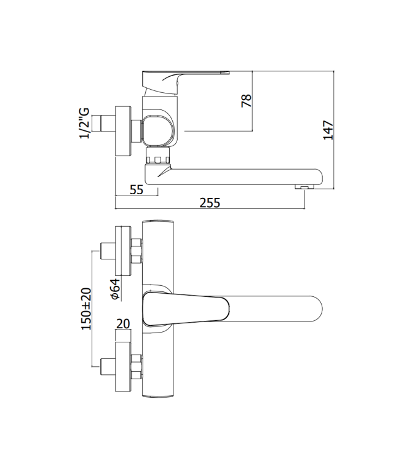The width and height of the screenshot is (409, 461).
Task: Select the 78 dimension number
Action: [x=246, y=100]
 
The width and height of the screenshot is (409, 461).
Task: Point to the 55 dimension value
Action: [x=137, y=189]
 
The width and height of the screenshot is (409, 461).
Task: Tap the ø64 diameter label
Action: [x=114, y=289]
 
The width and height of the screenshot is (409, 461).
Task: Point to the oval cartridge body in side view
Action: [x=159, y=130]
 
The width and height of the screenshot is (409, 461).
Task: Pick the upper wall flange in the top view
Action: [x=123, y=251]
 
